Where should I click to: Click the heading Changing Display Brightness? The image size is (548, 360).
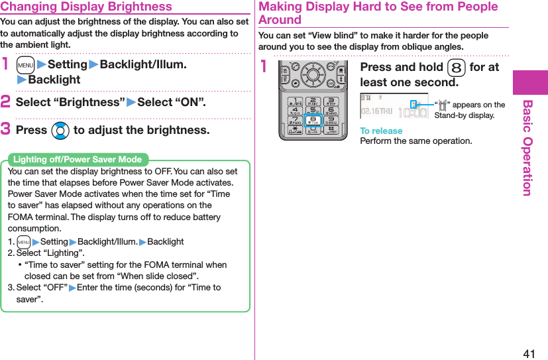point(86,7)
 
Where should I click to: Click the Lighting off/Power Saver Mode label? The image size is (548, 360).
point(78,159)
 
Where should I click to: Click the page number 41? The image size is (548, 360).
point(529,353)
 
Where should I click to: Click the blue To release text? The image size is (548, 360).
point(381,131)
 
